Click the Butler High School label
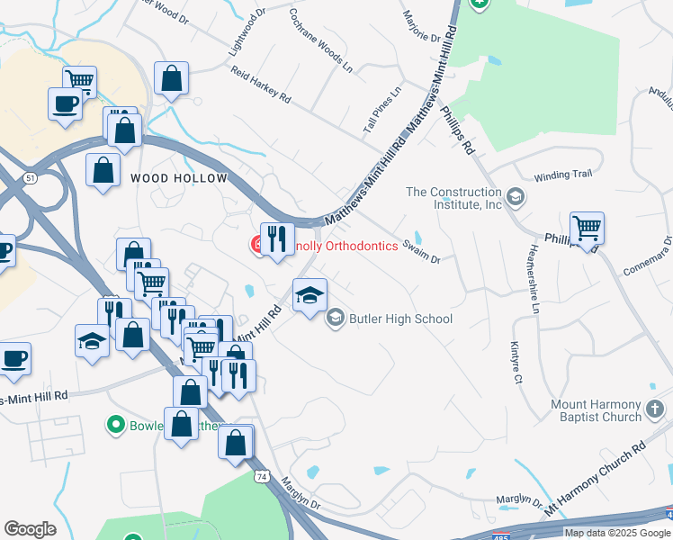coord(401,319)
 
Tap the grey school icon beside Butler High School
coord(336,318)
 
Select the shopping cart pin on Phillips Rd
coord(587,229)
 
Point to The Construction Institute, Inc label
coord(453,198)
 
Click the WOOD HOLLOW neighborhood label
coord(179,178)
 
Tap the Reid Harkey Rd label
coord(260,83)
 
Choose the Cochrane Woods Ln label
coord(320,40)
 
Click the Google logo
coord(30,528)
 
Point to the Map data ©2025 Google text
coord(617,533)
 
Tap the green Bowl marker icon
coord(114,423)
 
